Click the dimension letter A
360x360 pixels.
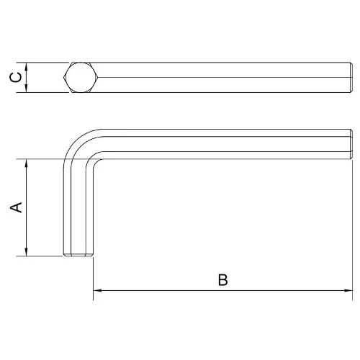[x=16, y=207]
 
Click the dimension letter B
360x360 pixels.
[x=223, y=279]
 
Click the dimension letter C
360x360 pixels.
[x=16, y=78]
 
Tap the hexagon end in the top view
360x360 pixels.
[x=81, y=77]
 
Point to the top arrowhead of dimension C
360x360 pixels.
[x=27, y=67]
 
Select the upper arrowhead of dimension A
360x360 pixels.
[x=27, y=163]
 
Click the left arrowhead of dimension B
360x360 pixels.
[x=97, y=290]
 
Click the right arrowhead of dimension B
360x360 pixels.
[x=348, y=290]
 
